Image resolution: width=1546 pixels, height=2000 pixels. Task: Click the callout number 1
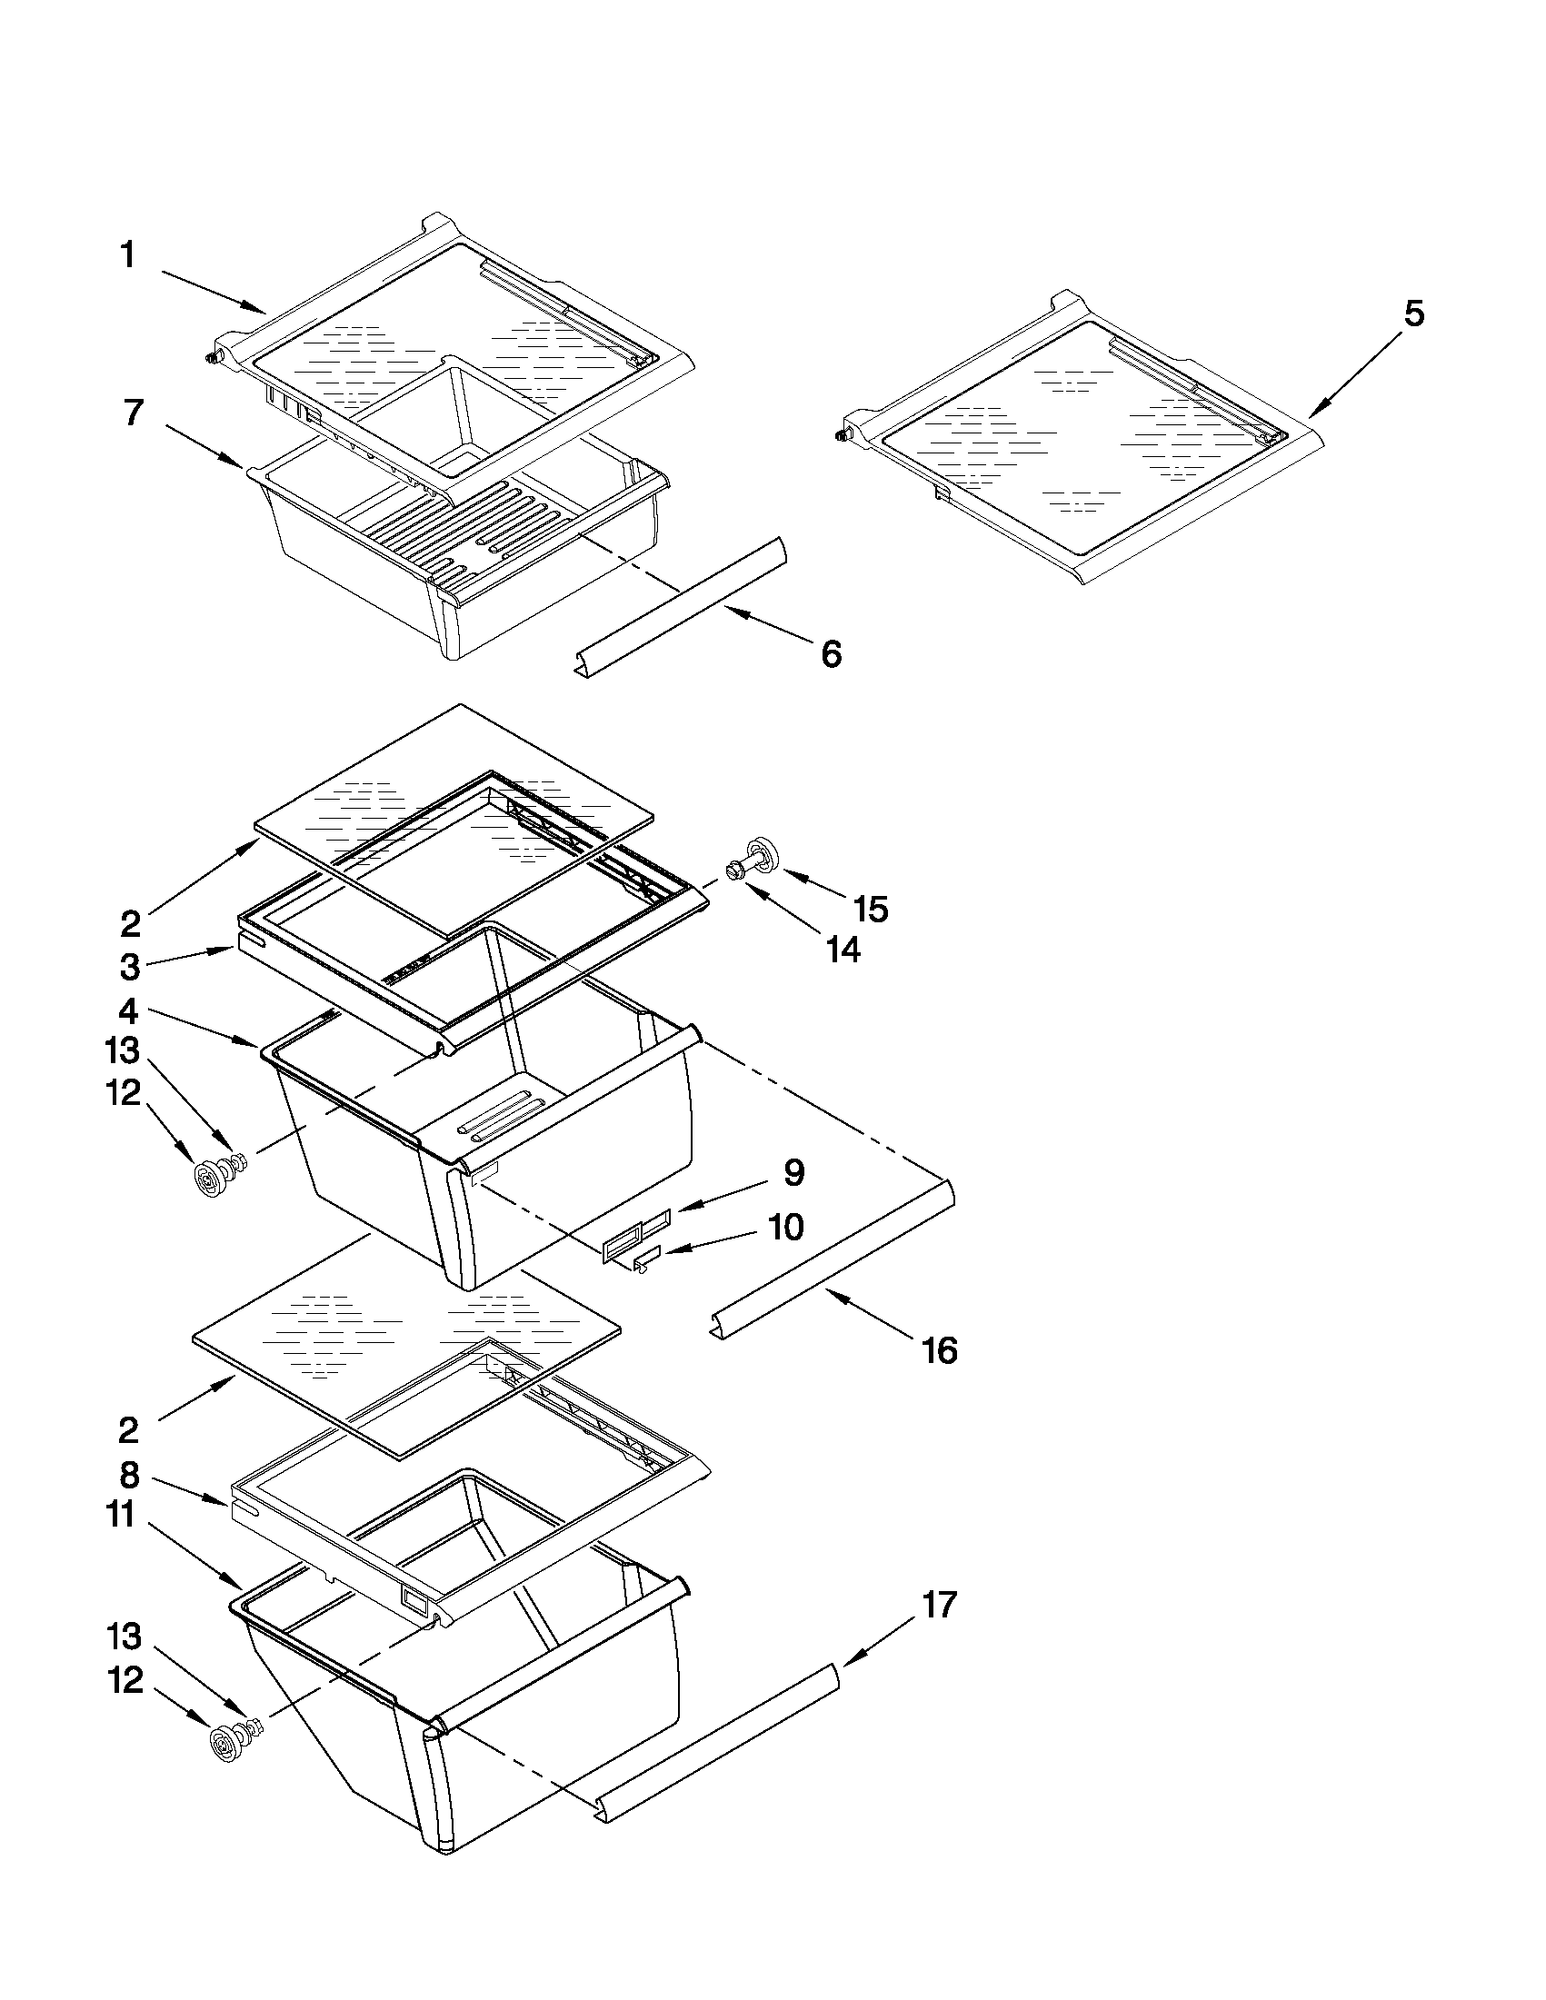(x=128, y=254)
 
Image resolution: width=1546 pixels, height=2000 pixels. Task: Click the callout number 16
(x=940, y=1349)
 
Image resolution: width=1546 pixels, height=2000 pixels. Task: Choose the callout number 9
(x=793, y=1172)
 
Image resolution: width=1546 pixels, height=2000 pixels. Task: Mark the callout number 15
(x=870, y=909)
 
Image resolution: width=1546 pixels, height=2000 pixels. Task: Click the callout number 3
(x=130, y=966)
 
